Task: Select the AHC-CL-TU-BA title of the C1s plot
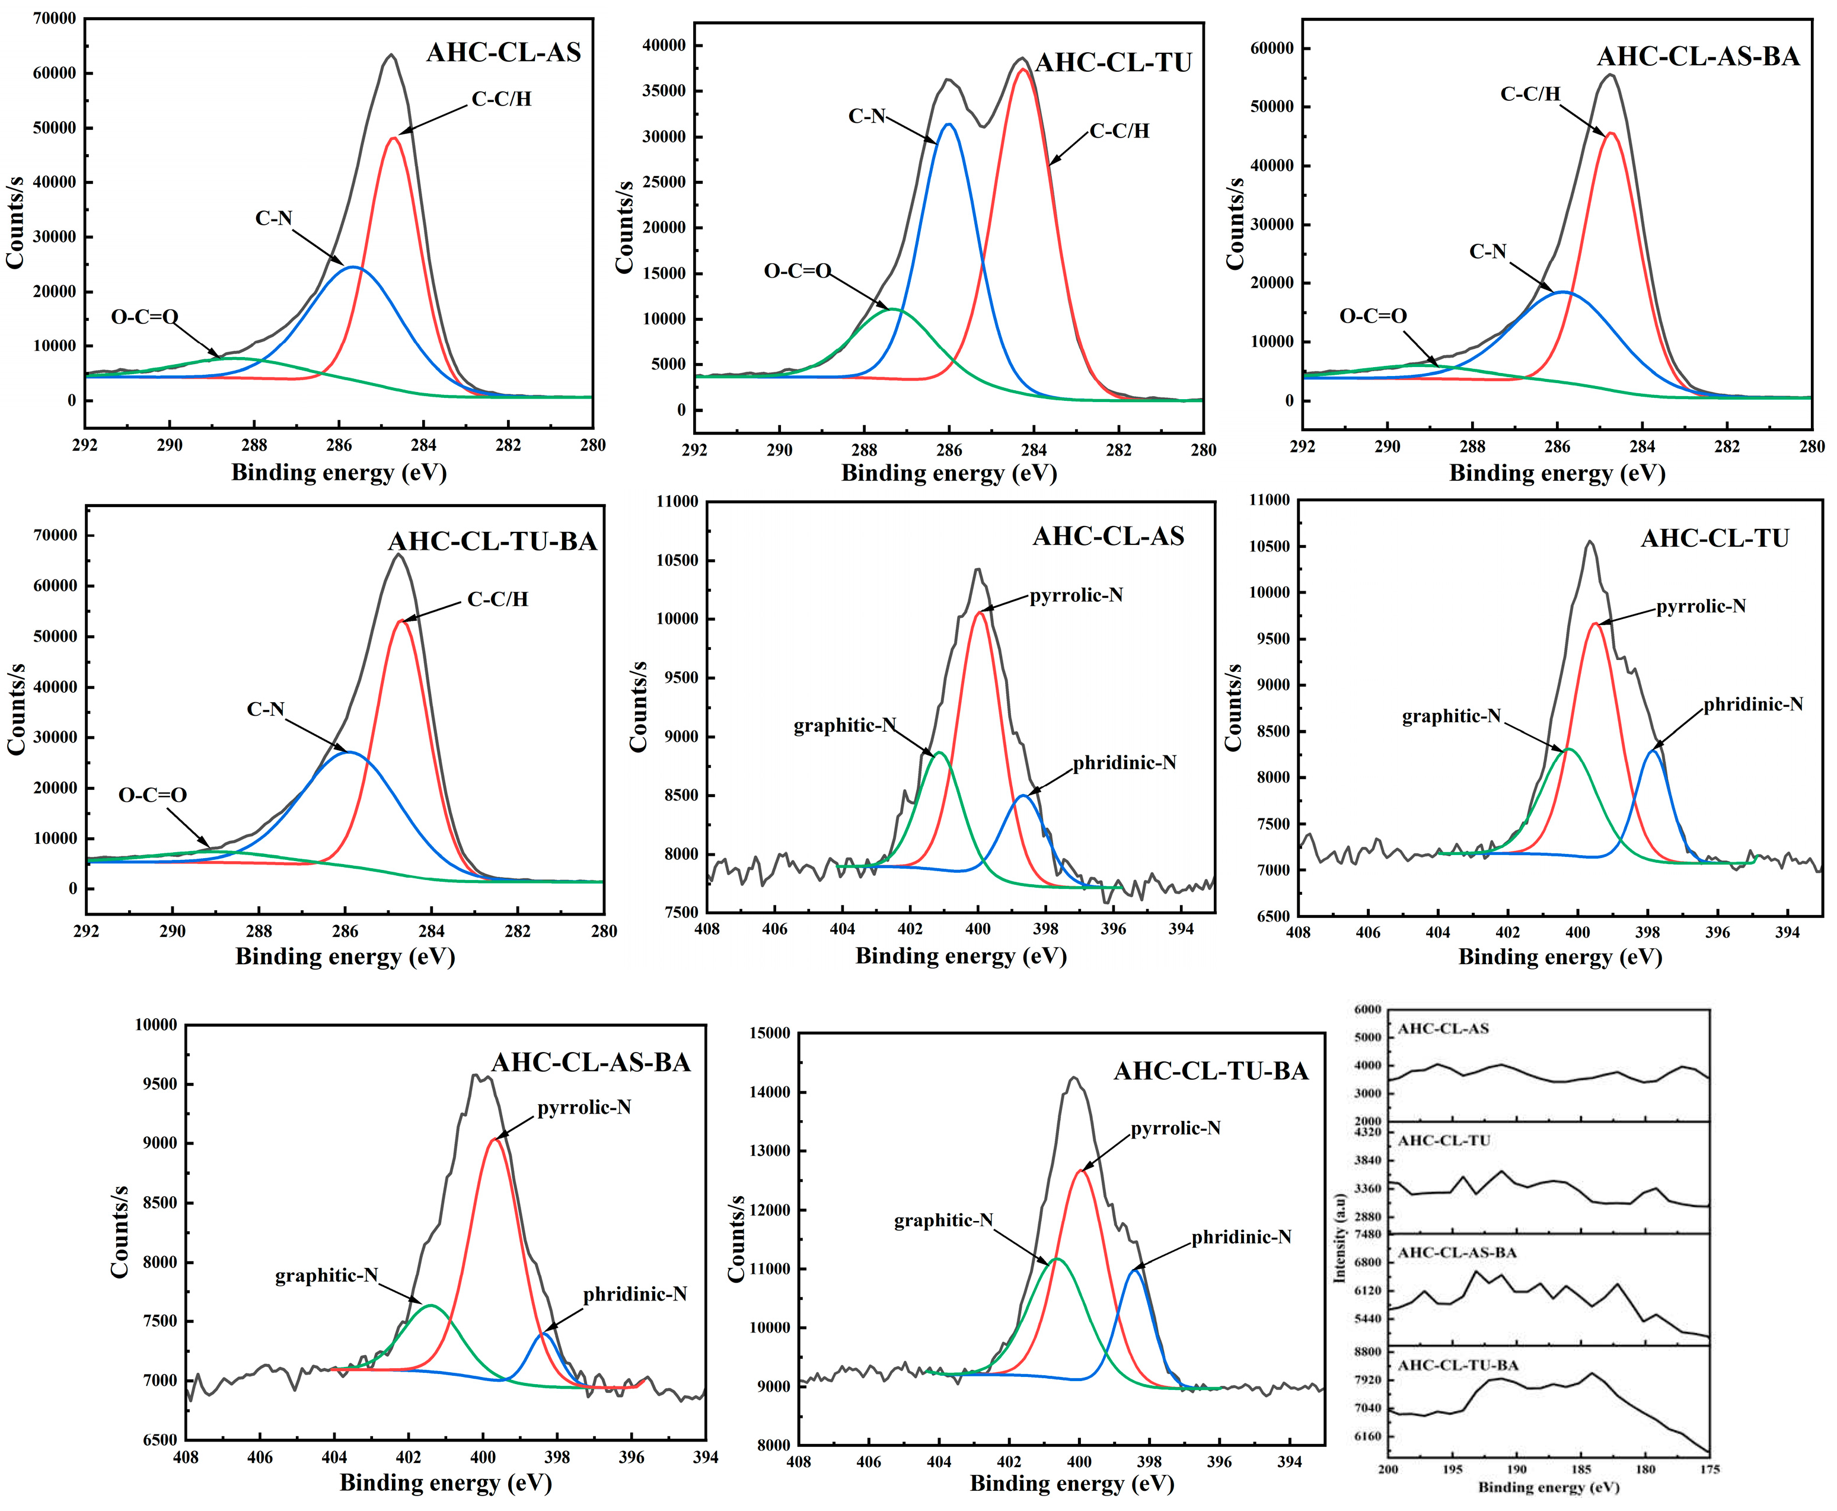(493, 541)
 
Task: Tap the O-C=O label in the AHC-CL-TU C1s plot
(797, 272)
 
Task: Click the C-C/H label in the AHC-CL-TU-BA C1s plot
(497, 600)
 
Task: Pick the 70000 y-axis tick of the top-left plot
(54, 18)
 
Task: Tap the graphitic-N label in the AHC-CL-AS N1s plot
(844, 726)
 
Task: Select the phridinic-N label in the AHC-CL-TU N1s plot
(1753, 704)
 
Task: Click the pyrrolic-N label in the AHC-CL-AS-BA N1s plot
(584, 1108)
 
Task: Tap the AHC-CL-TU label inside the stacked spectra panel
(1444, 1141)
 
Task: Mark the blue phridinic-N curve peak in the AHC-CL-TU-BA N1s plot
(1136, 1271)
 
